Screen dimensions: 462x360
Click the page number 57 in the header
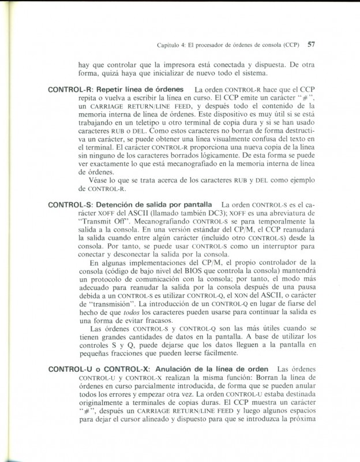pos(310,43)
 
